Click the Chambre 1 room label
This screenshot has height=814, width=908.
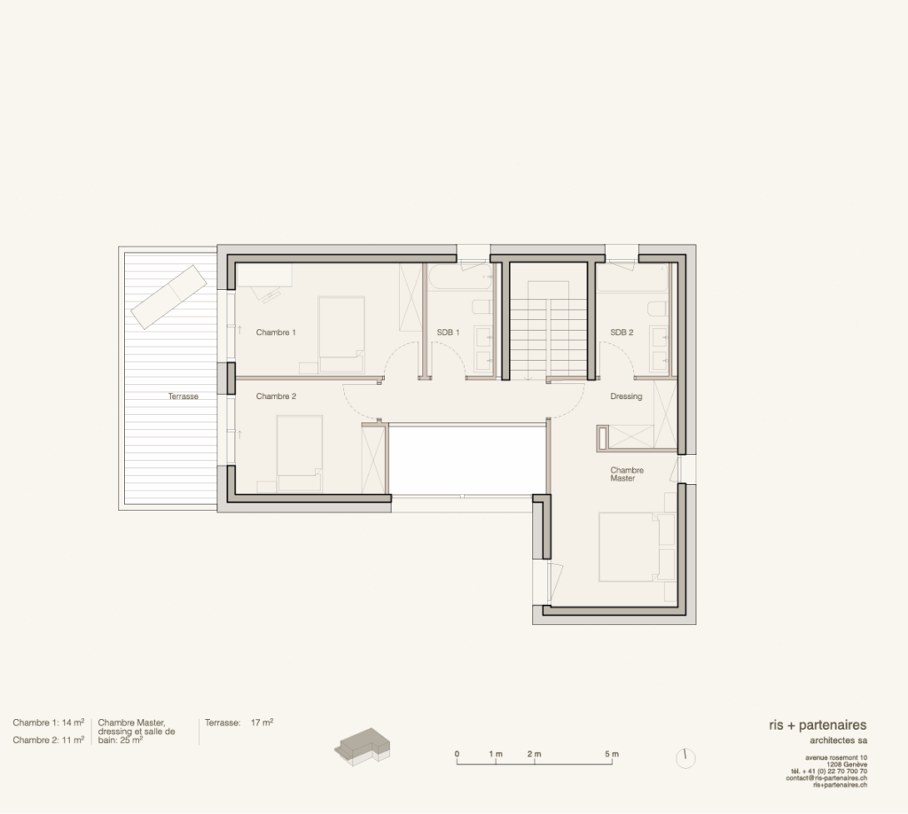click(x=276, y=333)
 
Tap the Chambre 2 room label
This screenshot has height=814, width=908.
click(x=277, y=396)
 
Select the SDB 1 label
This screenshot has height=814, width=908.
click(x=448, y=333)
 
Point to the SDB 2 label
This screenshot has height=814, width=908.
click(x=622, y=333)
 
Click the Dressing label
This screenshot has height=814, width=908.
click(x=626, y=396)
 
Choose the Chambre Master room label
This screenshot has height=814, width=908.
click(x=627, y=474)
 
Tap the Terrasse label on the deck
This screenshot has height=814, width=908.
click(x=183, y=396)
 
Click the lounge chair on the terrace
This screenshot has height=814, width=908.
click(x=168, y=297)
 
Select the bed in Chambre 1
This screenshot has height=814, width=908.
click(x=341, y=334)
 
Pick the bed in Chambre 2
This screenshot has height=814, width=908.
click(x=299, y=454)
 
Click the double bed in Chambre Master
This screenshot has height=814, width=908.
click(x=637, y=546)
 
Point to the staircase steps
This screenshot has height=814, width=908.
click(x=548, y=339)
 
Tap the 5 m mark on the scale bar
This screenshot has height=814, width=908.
click(x=612, y=755)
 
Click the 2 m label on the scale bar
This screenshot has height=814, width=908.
click(x=534, y=755)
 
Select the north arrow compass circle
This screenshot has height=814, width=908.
click(x=685, y=758)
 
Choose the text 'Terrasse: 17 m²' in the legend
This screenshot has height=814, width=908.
click(x=239, y=723)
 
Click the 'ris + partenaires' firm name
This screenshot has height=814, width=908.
click(x=818, y=724)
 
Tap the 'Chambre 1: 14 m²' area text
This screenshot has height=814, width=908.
click(x=49, y=723)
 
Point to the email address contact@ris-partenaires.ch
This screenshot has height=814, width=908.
click(x=826, y=779)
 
